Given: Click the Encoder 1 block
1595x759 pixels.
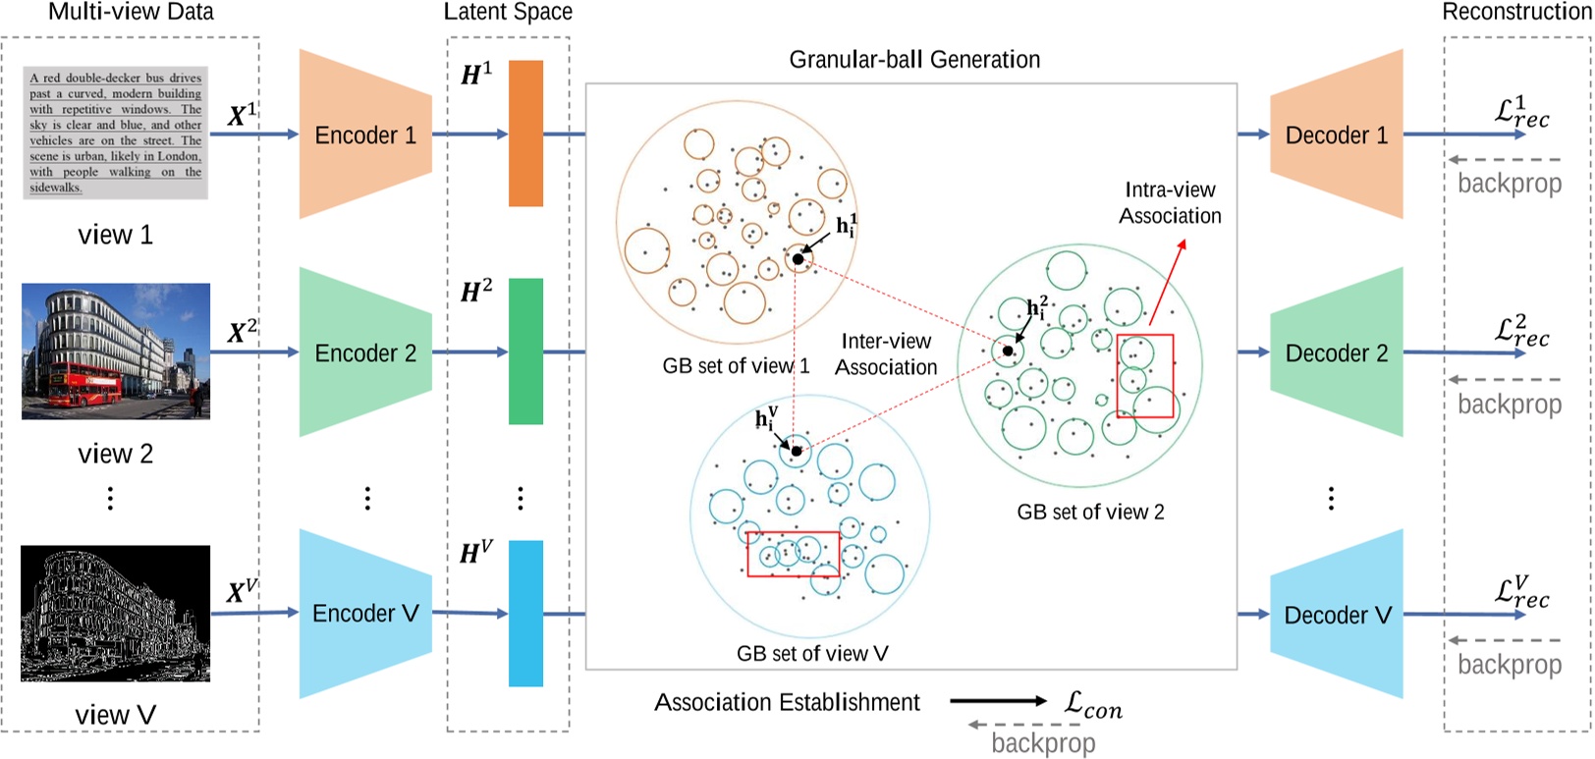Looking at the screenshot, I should click(x=365, y=135).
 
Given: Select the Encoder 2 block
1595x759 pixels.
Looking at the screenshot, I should click(x=365, y=352).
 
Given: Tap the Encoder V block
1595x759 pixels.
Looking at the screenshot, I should click(x=365, y=614).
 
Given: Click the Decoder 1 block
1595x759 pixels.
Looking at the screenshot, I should click(x=1337, y=135).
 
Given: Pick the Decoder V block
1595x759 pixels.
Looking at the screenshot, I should click(x=1337, y=615).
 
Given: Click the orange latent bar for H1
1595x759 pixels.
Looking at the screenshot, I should click(x=525, y=134).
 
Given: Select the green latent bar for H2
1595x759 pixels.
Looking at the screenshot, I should click(x=525, y=352).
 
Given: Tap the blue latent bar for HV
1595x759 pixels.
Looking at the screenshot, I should click(x=525, y=614).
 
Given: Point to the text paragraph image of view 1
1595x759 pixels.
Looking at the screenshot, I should click(x=115, y=133).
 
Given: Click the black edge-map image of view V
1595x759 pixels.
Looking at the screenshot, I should click(x=115, y=614).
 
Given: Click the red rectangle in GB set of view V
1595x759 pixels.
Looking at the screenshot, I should click(x=794, y=554).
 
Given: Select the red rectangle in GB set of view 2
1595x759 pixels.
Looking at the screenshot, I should click(x=1144, y=376).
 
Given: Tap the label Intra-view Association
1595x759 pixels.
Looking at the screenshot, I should click(x=1170, y=203).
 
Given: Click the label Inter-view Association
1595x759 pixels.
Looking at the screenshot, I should click(x=886, y=354).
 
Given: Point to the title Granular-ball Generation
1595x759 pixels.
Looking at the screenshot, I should click(x=914, y=60).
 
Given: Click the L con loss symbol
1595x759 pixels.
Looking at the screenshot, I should click(x=1092, y=704).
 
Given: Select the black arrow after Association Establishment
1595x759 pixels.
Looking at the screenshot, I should click(x=997, y=701).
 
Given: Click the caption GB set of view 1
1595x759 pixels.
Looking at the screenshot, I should click(x=736, y=366).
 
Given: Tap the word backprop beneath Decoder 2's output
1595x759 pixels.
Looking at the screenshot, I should click(x=1509, y=404).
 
